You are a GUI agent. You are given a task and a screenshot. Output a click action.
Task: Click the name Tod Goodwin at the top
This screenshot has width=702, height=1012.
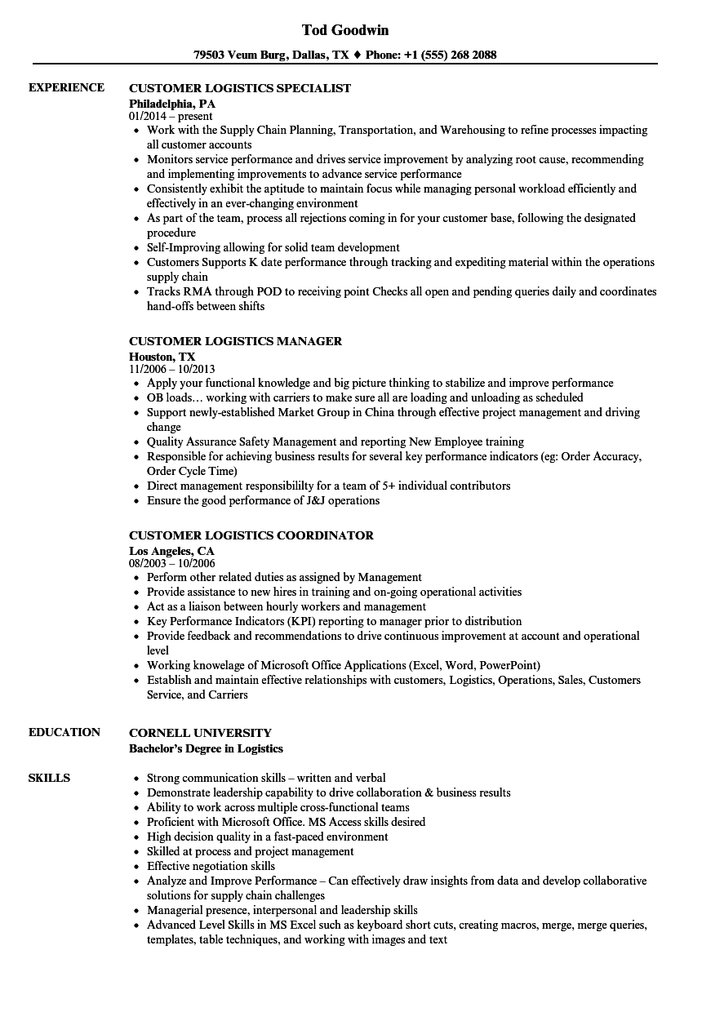tap(345, 30)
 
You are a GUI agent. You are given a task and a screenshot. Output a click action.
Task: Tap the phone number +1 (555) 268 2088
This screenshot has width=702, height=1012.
tap(451, 55)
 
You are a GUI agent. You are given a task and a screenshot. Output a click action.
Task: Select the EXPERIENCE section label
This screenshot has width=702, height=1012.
tap(66, 87)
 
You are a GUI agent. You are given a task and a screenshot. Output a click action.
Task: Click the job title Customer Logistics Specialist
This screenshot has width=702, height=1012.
tap(240, 88)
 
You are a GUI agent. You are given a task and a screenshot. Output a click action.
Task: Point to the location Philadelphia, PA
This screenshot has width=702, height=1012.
tap(172, 104)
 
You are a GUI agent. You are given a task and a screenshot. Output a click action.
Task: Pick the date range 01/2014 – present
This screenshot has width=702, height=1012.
tap(171, 117)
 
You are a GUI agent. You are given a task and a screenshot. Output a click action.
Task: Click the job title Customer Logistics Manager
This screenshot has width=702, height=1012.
tap(235, 341)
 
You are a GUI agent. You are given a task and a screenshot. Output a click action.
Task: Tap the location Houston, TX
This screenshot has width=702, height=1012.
tap(162, 357)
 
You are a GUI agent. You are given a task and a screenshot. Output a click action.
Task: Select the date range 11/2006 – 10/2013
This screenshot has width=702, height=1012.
tap(172, 369)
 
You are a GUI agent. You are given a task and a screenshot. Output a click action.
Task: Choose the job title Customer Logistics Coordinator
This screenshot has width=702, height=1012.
tap(251, 535)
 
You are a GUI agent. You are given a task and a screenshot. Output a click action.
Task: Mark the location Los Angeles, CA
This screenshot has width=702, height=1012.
tap(171, 551)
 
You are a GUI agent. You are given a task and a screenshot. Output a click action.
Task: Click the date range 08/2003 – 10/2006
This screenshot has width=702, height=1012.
tap(172, 563)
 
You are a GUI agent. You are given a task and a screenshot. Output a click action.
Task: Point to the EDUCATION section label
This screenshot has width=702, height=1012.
tap(64, 732)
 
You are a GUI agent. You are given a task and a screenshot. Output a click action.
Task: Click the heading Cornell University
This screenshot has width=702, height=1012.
tap(200, 733)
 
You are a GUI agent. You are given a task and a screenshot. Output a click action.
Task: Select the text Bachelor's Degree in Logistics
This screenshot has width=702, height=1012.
tap(207, 748)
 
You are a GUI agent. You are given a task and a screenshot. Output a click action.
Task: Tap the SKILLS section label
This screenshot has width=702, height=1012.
tap(49, 778)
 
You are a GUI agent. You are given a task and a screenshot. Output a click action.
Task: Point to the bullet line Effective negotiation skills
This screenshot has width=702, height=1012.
tap(211, 866)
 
